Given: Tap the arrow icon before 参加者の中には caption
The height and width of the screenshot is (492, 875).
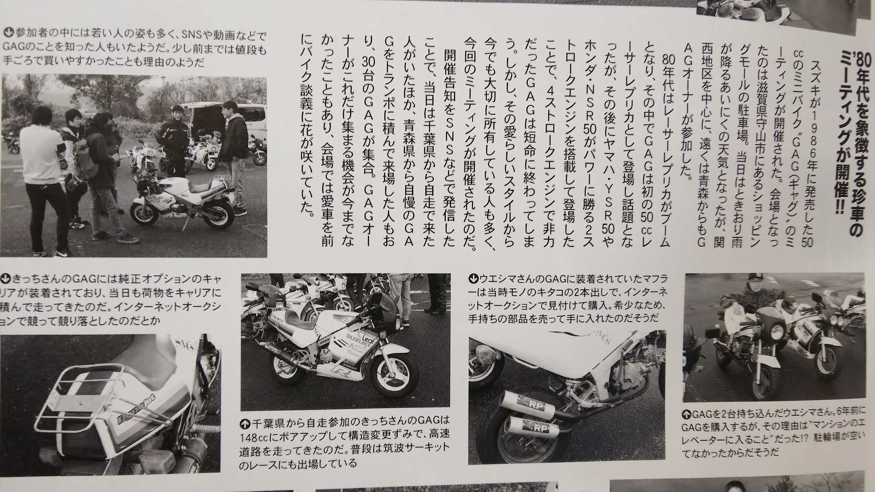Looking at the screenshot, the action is [x=9, y=32].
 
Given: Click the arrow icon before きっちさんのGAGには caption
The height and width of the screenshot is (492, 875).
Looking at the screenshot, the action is [x=7, y=277].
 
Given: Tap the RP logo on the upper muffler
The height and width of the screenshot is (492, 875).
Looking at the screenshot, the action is [x=531, y=404].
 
